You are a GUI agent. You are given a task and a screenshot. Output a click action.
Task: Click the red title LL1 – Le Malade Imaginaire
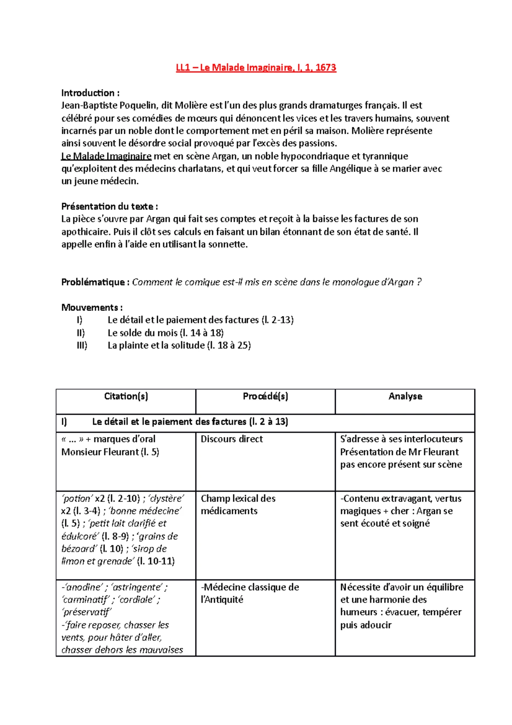pos(256,67)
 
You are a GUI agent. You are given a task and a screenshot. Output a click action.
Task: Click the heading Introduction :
pos(90,93)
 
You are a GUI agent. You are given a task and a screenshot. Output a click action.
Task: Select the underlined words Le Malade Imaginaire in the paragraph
pos(106,156)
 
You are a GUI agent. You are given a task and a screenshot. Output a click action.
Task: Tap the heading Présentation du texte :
pos(109,207)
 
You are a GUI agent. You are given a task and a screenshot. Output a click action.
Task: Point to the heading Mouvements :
pos(92,307)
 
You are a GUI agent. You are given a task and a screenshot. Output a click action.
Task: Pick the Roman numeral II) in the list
pos(81,333)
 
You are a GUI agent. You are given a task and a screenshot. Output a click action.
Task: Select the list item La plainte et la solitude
pos(156,345)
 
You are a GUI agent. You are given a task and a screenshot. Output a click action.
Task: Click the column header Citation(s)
pos(126,396)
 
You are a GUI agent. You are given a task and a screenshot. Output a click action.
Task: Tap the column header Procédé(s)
pos(265,396)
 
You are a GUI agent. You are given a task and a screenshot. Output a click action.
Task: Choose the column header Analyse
pos(405,396)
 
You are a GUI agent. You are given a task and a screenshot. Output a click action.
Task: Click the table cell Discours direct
pos(232,439)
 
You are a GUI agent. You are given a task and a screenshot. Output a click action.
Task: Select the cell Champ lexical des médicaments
pos(238,505)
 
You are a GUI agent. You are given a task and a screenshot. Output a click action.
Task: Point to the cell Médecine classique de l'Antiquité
pos(250,593)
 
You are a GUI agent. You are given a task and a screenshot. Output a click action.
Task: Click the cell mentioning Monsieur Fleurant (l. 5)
pos(110,452)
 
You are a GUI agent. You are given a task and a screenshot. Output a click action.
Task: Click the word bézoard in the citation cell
pos(79,549)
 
